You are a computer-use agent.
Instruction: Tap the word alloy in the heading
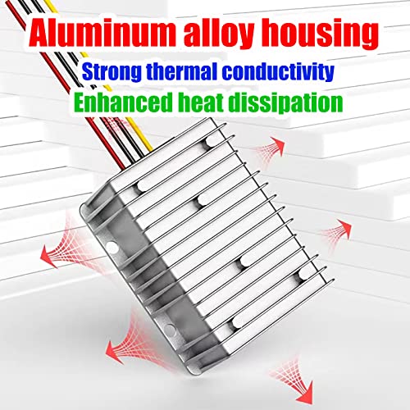pyautogui.click(x=219, y=35)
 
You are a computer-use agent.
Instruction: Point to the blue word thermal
pyautogui.click(x=181, y=71)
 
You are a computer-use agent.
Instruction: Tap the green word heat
pyautogui.click(x=201, y=102)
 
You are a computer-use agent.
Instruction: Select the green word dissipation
pyautogui.click(x=285, y=102)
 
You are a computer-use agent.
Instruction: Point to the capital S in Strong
pyautogui.click(x=89, y=71)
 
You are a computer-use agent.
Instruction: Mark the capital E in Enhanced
pyautogui.click(x=80, y=102)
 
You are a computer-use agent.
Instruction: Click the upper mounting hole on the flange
pyautogui.click(x=112, y=247)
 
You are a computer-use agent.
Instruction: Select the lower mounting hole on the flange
pyautogui.click(x=170, y=328)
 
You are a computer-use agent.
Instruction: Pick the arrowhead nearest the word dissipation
pyautogui.click(x=276, y=145)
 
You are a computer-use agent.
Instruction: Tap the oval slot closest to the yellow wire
pyautogui.click(x=212, y=142)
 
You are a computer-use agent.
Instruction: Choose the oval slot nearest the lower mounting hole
pyautogui.click(x=239, y=322)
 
